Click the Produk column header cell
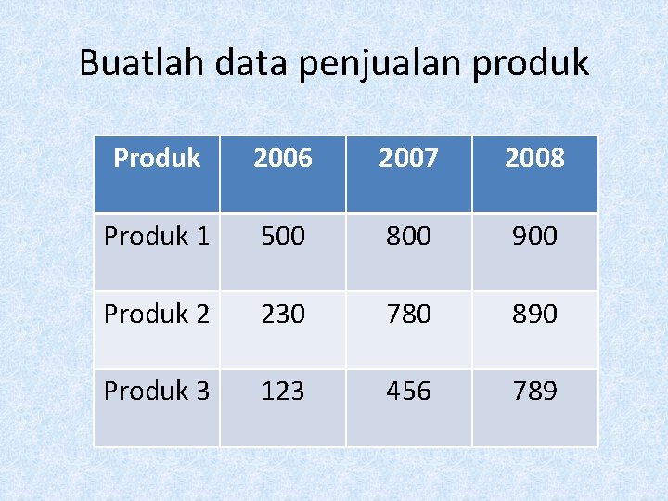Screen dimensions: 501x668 click(157, 159)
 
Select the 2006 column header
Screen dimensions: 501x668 click(283, 159)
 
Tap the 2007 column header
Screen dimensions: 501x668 click(409, 159)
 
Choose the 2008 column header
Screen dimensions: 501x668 click(535, 159)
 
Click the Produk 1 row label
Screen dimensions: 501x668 click(157, 237)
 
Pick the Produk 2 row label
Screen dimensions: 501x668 click(157, 315)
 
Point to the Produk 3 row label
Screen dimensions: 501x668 click(157, 392)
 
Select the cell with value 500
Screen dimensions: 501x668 click(283, 237)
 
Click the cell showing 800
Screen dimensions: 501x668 click(409, 237)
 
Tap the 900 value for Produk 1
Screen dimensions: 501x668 click(535, 237)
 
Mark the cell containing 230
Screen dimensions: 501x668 click(283, 315)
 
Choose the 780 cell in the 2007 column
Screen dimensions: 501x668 click(409, 315)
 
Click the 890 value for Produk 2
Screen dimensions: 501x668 click(535, 315)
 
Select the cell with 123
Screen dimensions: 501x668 click(283, 392)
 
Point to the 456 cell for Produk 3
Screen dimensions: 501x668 click(409, 392)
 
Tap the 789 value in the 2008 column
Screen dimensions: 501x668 click(535, 392)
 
